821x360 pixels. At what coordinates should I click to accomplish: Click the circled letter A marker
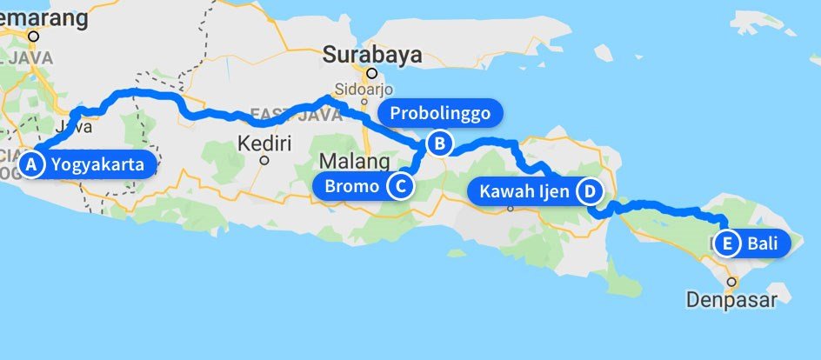(32, 164)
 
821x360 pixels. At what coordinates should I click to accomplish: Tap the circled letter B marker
(440, 143)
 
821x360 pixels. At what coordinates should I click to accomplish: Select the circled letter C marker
(399, 185)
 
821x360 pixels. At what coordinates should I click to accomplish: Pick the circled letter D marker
(590, 191)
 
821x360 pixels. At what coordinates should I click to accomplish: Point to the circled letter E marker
(727, 243)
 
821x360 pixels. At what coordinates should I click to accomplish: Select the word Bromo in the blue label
(351, 185)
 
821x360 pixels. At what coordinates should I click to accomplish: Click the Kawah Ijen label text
(524, 191)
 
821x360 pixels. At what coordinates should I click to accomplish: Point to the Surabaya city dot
(371, 74)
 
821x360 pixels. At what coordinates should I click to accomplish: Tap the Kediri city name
(264, 142)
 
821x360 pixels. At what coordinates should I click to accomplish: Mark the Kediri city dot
(264, 159)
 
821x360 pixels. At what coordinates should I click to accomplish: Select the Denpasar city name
(731, 300)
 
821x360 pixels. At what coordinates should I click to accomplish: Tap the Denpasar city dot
(732, 282)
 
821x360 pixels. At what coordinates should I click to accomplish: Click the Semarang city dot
(33, 37)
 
